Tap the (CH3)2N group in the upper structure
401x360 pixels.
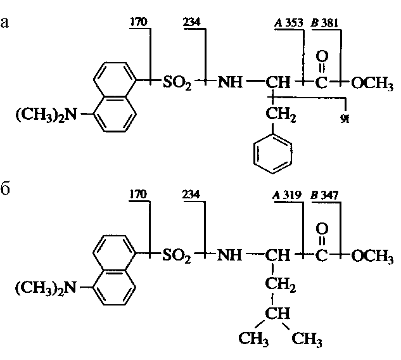[x=43, y=116]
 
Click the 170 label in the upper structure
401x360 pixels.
[x=138, y=23]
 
